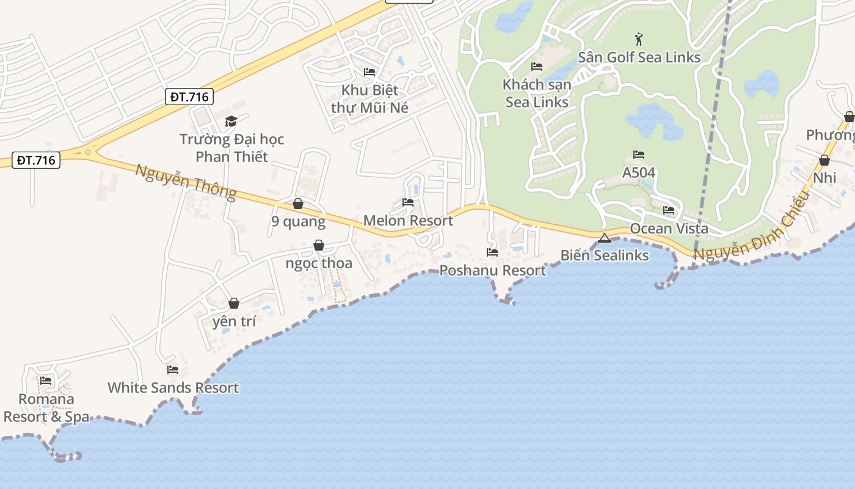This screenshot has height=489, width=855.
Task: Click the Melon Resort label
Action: (x=408, y=221)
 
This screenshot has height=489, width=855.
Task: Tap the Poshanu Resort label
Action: (x=492, y=270)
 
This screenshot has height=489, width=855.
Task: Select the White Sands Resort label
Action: (x=173, y=388)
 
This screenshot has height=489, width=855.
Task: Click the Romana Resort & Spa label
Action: (x=46, y=408)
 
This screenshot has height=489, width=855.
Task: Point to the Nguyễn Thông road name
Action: (x=185, y=182)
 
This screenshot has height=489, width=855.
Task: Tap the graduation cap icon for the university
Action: (x=231, y=121)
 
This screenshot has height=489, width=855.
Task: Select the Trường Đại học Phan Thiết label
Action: (x=231, y=148)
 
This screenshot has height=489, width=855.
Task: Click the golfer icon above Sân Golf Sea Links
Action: (x=639, y=40)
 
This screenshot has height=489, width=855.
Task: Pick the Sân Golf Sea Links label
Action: (x=639, y=57)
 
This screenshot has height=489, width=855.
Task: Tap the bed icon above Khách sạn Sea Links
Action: (x=537, y=66)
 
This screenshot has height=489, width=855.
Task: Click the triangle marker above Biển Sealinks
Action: (x=605, y=238)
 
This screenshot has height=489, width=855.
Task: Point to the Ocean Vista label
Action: (x=669, y=229)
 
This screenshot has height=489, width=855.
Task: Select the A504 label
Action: (x=639, y=172)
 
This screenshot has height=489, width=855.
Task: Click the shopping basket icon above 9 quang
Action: (x=298, y=203)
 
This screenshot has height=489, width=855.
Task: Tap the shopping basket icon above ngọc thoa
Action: (x=319, y=245)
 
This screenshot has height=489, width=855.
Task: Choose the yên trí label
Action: (x=234, y=321)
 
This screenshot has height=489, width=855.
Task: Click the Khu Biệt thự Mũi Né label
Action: (x=369, y=99)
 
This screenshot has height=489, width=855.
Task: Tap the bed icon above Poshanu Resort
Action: (x=492, y=252)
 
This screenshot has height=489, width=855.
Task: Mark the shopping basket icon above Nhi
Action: (x=824, y=160)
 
